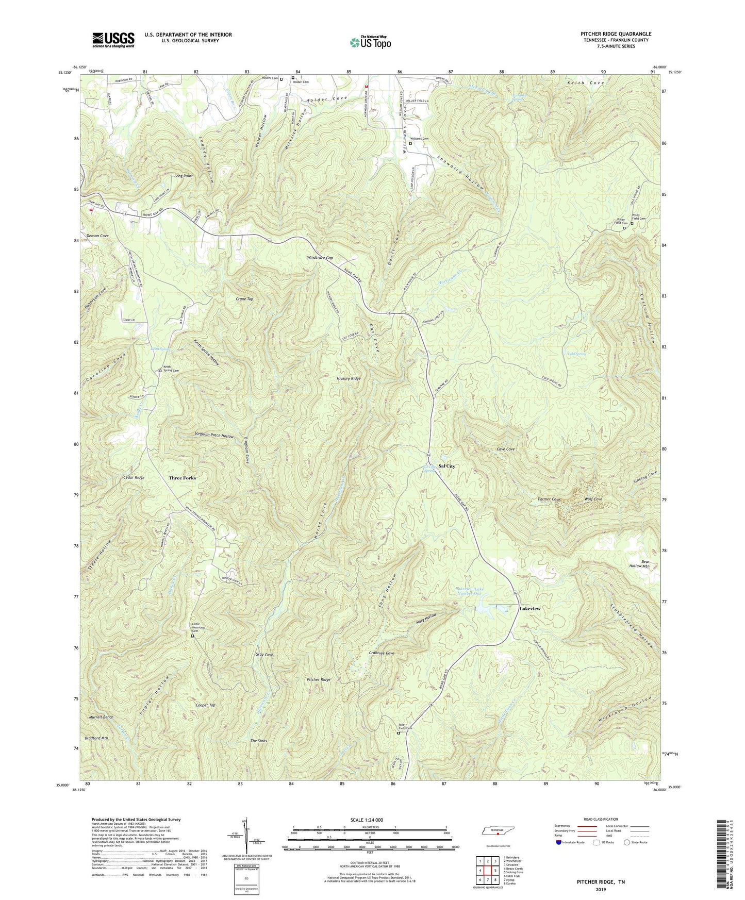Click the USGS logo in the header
coord(113,39)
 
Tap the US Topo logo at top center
coord(370,42)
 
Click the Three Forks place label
coord(182,478)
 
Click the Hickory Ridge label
coord(349,378)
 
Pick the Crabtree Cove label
coord(382,653)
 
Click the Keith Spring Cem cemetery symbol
coord(160,370)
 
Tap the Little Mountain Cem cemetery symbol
coord(192,636)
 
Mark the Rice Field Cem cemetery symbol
coord(398,732)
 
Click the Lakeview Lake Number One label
coord(469,591)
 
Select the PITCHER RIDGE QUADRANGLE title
coord(616,34)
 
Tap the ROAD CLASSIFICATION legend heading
coord(601,819)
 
